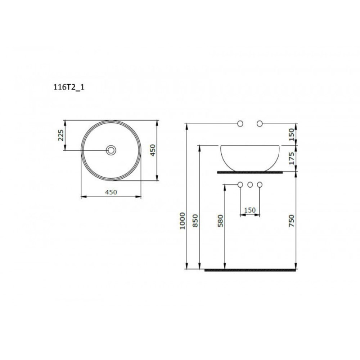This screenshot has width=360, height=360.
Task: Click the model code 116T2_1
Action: pos(69,87)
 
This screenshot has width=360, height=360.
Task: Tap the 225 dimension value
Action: pos(60,135)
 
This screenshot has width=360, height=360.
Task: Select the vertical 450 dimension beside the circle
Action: pos(153,150)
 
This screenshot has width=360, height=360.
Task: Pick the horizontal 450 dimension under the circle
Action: pos(111,192)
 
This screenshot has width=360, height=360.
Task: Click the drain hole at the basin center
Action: pos(111,150)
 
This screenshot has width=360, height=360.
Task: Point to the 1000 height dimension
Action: pos(183,221)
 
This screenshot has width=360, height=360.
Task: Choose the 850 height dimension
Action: pos(195,221)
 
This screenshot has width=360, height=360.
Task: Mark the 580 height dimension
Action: pos(220,221)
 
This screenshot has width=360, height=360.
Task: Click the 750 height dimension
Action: pos(291,221)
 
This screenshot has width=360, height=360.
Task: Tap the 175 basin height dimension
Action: pos(291,158)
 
